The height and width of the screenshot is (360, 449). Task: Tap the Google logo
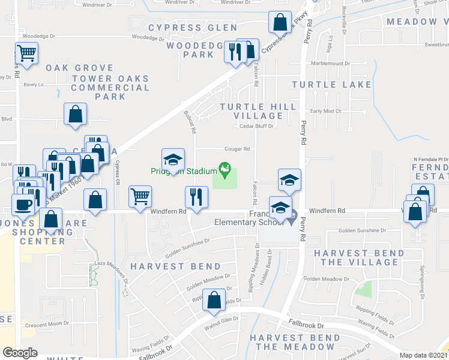pos(20,353)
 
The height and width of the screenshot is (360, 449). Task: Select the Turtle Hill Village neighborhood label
pos(258,111)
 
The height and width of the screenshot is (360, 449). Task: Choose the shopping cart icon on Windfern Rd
pos(140,196)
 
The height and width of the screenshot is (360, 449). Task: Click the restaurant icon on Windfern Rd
pos(196,196)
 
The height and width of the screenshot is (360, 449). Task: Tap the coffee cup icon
pos(24,205)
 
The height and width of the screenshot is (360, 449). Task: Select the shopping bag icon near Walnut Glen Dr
pos(214,299)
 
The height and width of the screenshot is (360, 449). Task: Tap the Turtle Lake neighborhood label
pos(332,85)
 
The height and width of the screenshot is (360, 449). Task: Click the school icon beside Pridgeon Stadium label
pos(173,160)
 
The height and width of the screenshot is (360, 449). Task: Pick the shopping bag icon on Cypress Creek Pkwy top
pos(279,23)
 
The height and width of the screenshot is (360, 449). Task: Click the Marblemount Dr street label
pos(330,63)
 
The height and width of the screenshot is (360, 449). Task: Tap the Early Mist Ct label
pos(325,111)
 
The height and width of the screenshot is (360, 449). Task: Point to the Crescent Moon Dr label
pos(47,324)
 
